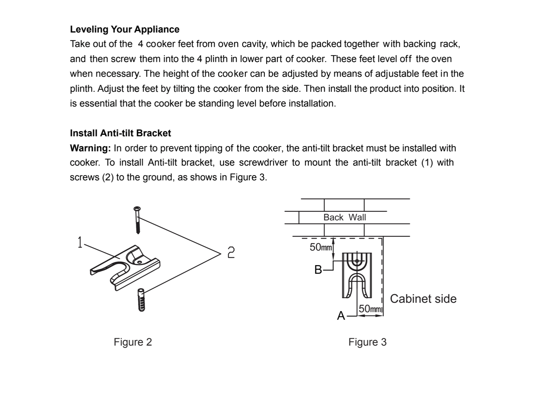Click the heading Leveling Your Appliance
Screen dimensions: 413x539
click(x=124, y=29)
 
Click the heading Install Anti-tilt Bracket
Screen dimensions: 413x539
click(x=120, y=133)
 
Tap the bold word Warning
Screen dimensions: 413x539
click(x=90, y=148)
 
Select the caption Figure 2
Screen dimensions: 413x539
click(x=133, y=342)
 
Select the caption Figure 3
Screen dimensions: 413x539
click(x=367, y=342)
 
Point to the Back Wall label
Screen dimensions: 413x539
click(x=345, y=217)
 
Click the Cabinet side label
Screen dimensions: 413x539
click(x=423, y=299)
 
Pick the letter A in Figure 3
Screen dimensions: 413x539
click(x=341, y=316)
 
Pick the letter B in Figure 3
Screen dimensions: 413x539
click(x=318, y=270)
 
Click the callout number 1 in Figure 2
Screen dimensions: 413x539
click(x=80, y=242)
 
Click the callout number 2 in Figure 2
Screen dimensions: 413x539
click(x=231, y=252)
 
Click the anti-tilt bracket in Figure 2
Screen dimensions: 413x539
click(x=127, y=266)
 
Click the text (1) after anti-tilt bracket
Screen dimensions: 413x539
click(x=427, y=162)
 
